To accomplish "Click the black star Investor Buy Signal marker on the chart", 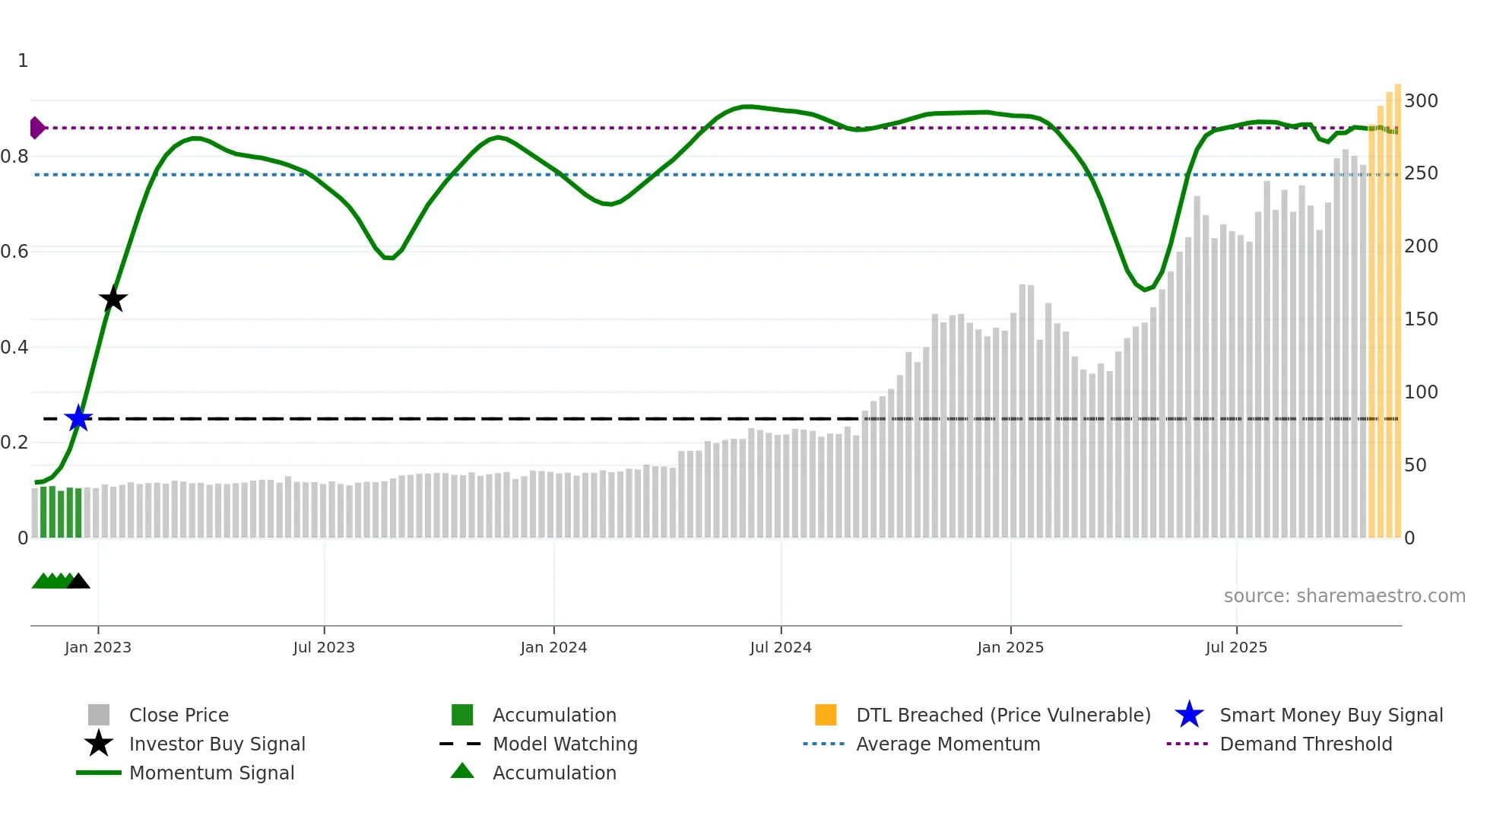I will [x=113, y=299].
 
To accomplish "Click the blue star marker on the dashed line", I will [x=78, y=418].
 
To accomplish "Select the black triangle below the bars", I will [x=78, y=582].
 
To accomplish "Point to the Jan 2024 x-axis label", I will [x=553, y=647].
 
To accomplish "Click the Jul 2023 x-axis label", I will [x=324, y=647].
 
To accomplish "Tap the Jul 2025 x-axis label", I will [x=1236, y=647].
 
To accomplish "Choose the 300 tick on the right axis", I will [x=1421, y=100].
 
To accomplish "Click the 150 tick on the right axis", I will [x=1421, y=319].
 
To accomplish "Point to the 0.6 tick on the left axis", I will [x=14, y=252].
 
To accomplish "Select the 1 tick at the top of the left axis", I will [x=23, y=60].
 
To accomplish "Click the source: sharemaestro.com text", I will [x=1344, y=595].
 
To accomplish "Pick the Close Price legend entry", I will [x=179, y=715].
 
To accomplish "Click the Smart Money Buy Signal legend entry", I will [x=1330, y=715].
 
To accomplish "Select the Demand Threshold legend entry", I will [x=1305, y=744].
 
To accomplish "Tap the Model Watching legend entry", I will [x=565, y=744].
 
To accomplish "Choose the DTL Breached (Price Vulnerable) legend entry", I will [x=1003, y=715].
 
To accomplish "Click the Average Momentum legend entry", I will [x=947, y=744].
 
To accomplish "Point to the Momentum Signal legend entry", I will [x=211, y=773].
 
